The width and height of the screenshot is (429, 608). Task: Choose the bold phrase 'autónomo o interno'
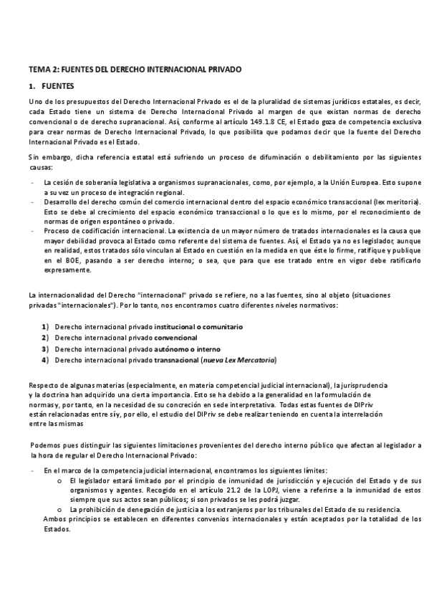[x=187, y=348]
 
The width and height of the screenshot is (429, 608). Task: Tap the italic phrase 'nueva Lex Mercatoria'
[x=239, y=360]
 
